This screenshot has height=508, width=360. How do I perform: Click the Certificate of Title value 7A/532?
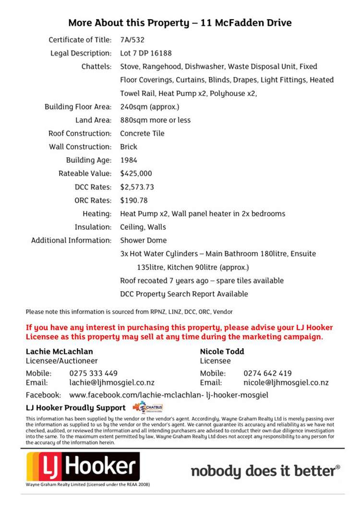132,40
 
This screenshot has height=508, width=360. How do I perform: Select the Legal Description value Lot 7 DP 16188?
145,53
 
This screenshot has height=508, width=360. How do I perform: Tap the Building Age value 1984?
128,160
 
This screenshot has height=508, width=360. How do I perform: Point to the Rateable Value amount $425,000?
136,174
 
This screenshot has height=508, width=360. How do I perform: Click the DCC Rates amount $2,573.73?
137,187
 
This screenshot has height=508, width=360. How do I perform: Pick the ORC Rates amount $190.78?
134,201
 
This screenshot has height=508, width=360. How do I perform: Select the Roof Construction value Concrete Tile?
142,133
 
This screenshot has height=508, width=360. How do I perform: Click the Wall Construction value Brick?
128,147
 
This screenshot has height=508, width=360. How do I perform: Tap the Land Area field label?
93,120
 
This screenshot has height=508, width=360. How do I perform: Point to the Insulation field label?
93,227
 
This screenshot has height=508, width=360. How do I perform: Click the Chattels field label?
96,67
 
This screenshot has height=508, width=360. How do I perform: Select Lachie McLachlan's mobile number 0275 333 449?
93,373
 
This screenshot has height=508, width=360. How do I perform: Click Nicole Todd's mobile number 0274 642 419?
267,373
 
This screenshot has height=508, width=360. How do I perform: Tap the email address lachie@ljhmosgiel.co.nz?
112,383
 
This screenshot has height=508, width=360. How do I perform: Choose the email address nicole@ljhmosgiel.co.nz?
286,383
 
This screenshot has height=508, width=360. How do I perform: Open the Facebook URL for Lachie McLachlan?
168,395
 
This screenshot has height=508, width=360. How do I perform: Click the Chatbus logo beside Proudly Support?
148,408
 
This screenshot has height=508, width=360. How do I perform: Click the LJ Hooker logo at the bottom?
83,467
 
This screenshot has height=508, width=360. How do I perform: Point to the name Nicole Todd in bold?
222,352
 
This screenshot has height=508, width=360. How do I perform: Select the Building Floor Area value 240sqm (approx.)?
149,107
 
